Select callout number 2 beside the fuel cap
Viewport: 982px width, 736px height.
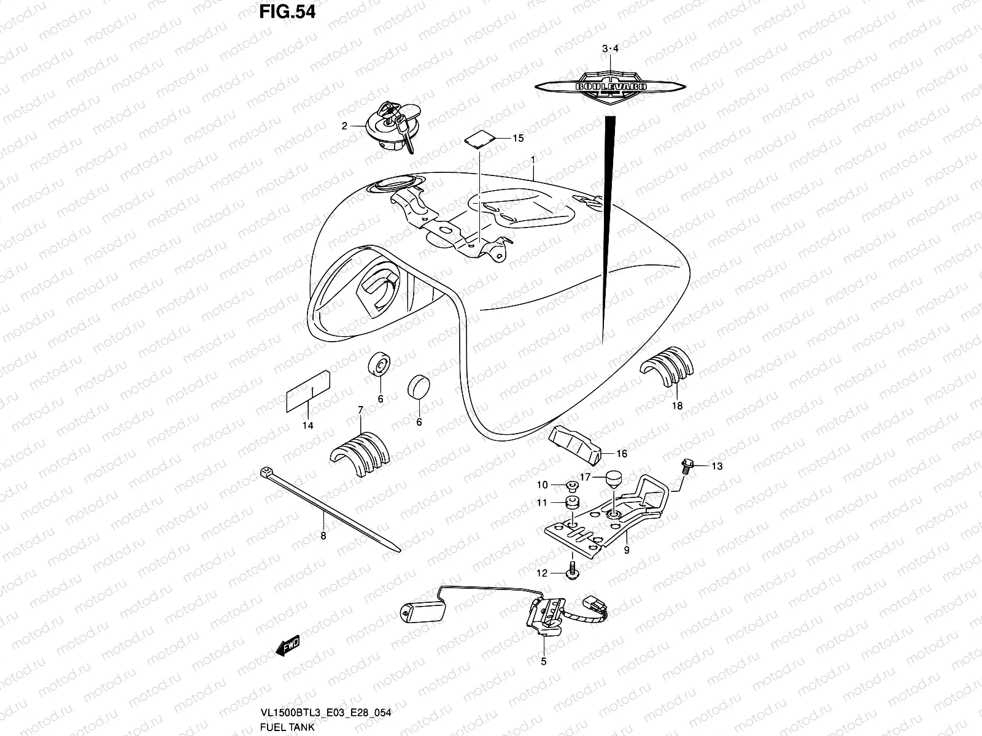(x=344, y=126)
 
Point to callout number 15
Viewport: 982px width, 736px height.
(x=518, y=139)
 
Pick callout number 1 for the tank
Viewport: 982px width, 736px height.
(x=533, y=160)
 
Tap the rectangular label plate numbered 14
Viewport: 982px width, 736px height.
(x=309, y=393)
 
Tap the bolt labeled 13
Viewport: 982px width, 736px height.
(x=687, y=466)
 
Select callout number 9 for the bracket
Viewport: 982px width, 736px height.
(x=627, y=550)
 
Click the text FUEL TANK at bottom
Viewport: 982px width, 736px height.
(x=287, y=727)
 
